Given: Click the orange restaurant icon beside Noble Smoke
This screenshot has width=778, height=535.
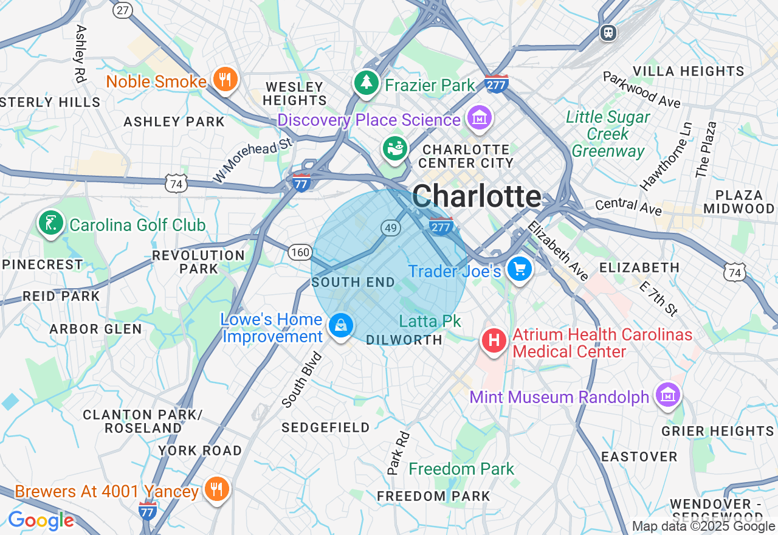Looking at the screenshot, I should pyautogui.click(x=225, y=79).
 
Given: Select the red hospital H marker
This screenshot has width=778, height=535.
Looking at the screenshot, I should pyautogui.click(x=495, y=340).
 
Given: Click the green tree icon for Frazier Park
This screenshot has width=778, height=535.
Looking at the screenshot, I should pyautogui.click(x=366, y=83).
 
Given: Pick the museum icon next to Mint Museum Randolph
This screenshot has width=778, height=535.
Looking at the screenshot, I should pyautogui.click(x=667, y=395).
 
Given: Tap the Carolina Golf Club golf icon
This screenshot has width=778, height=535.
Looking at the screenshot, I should pyautogui.click(x=50, y=223).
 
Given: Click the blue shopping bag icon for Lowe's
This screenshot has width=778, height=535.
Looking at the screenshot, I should pyautogui.click(x=341, y=326).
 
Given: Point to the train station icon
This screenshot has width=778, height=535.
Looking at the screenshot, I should pyautogui.click(x=608, y=33).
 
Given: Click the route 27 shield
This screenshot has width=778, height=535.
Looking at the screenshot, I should pyautogui.click(x=123, y=10).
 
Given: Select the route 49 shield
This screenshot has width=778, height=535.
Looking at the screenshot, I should pyautogui.click(x=391, y=228).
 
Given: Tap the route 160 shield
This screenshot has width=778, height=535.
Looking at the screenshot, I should pyautogui.click(x=300, y=252).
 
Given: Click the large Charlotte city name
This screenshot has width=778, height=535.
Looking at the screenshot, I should pyautogui.click(x=477, y=196).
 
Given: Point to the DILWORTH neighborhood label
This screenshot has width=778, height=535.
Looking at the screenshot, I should pyautogui.click(x=404, y=340).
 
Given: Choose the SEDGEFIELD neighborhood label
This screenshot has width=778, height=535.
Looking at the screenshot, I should pyautogui.click(x=326, y=427).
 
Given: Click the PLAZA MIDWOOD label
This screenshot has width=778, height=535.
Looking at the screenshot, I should pyautogui.click(x=739, y=202).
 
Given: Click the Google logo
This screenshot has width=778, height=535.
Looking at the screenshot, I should pyautogui.click(x=41, y=520).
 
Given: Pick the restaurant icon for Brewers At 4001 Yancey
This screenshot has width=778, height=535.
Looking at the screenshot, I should pyautogui.click(x=215, y=488).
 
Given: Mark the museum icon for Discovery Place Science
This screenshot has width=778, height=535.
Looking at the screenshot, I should pyautogui.click(x=480, y=117).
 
